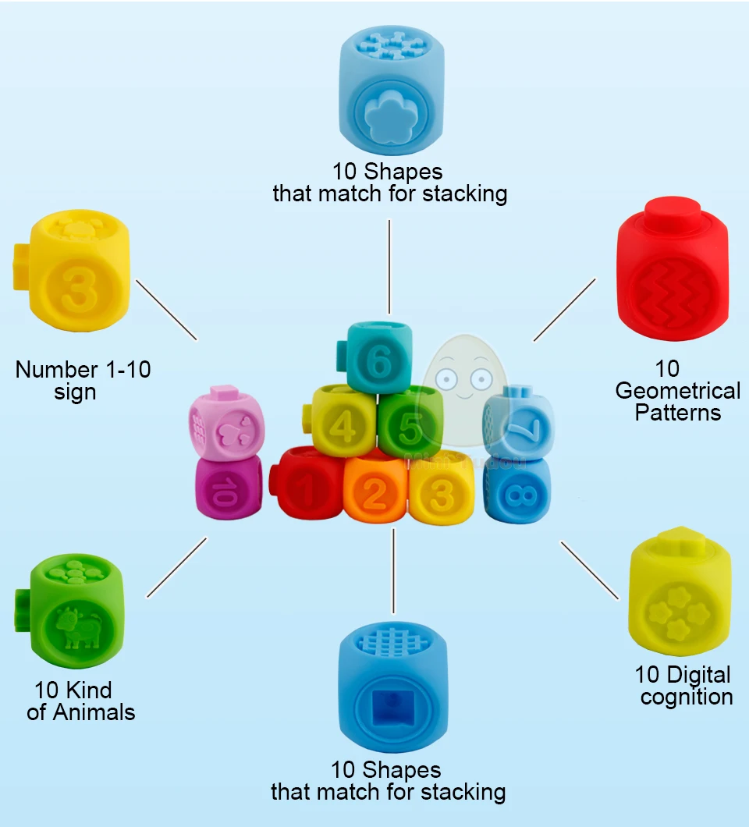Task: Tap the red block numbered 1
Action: click(307, 484)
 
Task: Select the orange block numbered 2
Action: click(375, 491)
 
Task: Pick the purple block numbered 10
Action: click(229, 488)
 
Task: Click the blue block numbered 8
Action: click(517, 491)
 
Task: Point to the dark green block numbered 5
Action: click(410, 422)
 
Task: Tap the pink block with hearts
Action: click(225, 423)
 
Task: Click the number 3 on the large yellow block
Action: click(79, 289)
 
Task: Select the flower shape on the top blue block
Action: click(389, 116)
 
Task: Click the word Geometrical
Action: click(678, 391)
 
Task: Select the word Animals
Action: click(94, 712)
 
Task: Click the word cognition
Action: click(687, 697)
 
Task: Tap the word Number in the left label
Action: click(56, 370)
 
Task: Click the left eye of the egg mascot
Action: click(447, 378)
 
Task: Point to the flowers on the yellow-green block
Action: click(679, 612)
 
